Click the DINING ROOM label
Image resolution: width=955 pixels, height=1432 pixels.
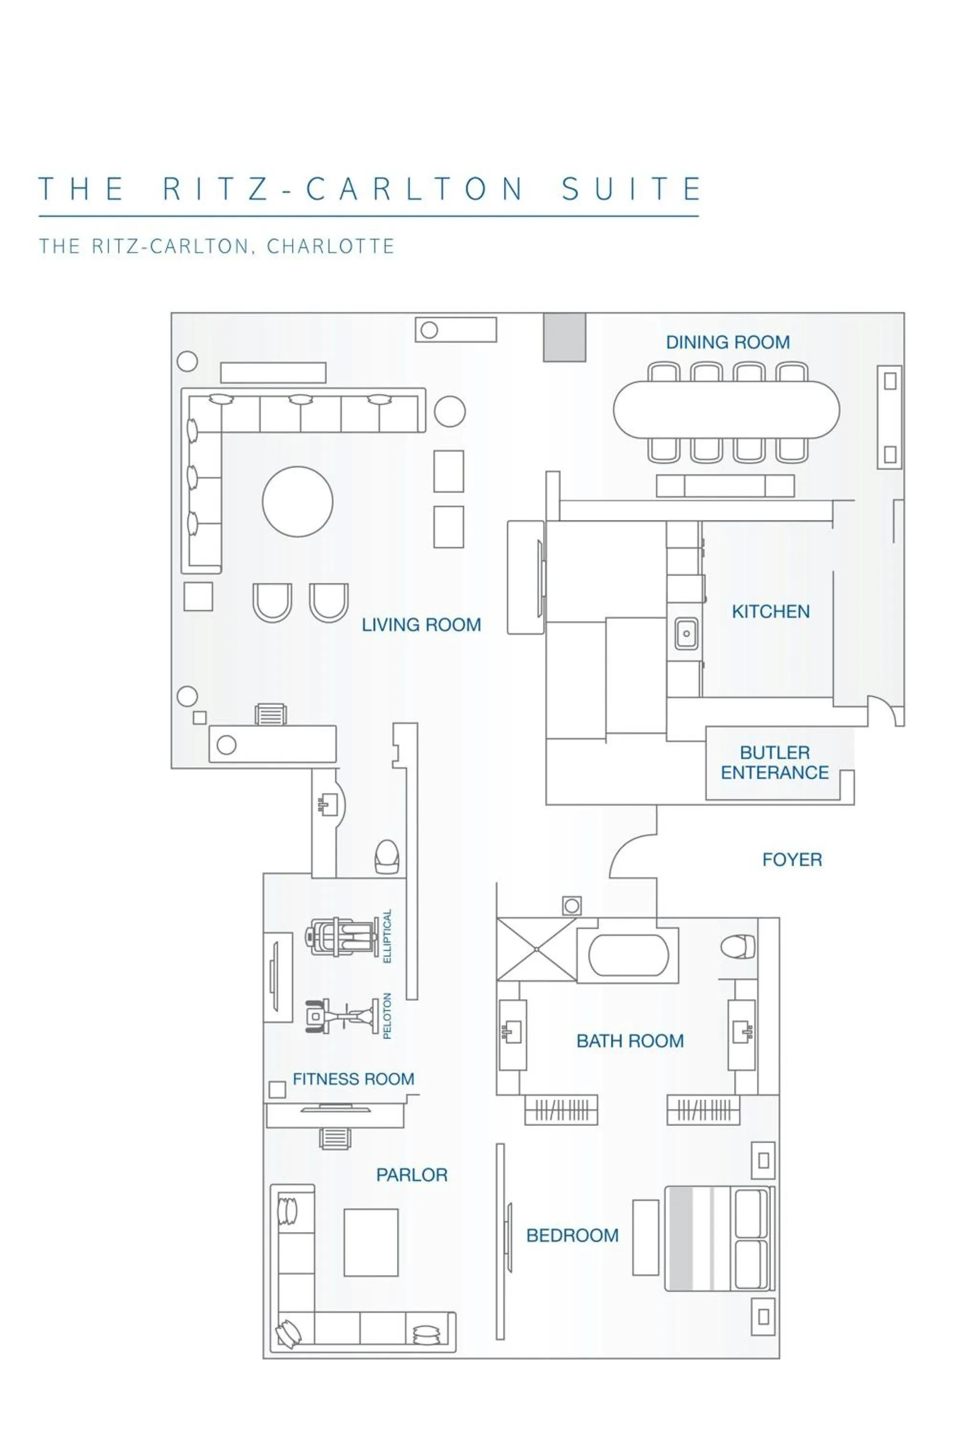[727, 342]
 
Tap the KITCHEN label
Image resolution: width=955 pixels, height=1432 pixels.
[771, 611]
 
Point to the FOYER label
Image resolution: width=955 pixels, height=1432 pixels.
[792, 860]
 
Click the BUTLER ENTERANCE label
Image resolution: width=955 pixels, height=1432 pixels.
[774, 762]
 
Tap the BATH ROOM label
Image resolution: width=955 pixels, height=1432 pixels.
[630, 1041]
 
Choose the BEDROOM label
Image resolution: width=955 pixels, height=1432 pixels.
[572, 1235]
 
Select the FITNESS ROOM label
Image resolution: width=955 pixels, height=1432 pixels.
[353, 1079]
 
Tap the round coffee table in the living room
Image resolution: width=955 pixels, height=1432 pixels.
[297, 501]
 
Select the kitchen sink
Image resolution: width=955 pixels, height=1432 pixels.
[687, 633]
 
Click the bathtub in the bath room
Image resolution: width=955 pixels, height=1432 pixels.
[628, 954]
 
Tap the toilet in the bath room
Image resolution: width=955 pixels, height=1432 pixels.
[738, 946]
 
